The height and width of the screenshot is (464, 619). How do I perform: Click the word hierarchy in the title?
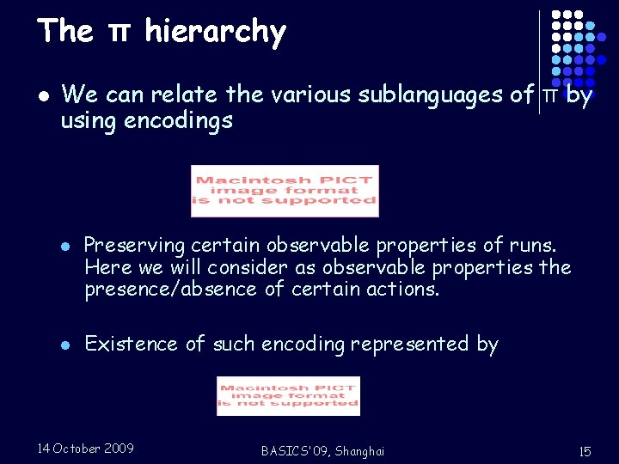[x=215, y=32]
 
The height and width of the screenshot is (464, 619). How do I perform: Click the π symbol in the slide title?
[x=119, y=33]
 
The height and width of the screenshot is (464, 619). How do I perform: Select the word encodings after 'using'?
[x=178, y=121]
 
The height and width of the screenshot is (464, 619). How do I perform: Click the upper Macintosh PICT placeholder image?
[x=285, y=191]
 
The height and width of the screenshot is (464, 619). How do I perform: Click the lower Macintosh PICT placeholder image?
[x=288, y=396]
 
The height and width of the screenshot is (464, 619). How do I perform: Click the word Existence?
[x=132, y=345]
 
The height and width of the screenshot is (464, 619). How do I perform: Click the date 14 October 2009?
[x=86, y=449]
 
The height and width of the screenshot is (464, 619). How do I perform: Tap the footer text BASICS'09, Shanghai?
[x=322, y=451]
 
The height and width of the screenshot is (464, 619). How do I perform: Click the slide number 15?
[x=585, y=451]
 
